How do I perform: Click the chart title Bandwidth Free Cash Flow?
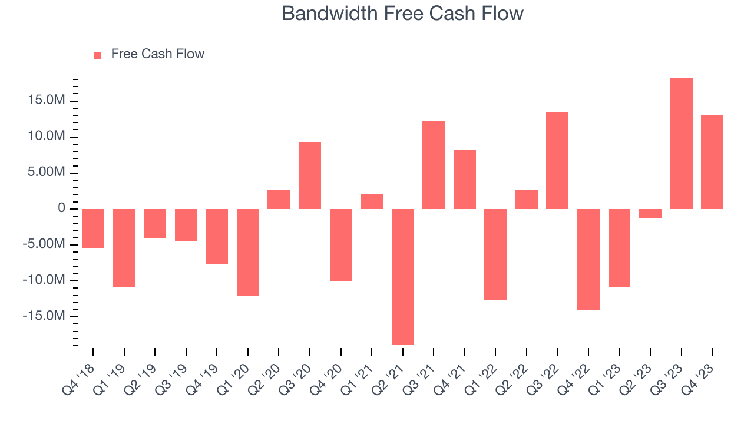pyautogui.click(x=402, y=14)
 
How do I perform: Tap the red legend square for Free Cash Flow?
pyautogui.click(x=98, y=55)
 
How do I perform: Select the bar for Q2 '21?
pyautogui.click(x=403, y=277)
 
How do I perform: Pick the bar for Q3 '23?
pyautogui.click(x=682, y=144)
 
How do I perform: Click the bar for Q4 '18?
pyautogui.click(x=93, y=228)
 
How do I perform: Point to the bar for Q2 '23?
pyautogui.click(x=650, y=213)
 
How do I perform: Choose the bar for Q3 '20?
pyautogui.click(x=310, y=175)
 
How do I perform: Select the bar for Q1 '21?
pyautogui.click(x=372, y=201)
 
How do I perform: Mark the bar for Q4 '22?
pyautogui.click(x=588, y=260)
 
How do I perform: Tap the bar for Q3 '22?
pyautogui.click(x=557, y=160)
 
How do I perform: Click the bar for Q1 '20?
pyautogui.click(x=248, y=252)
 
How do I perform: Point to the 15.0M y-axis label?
pyautogui.click(x=45, y=101)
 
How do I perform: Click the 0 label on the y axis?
pyautogui.click(x=61, y=208)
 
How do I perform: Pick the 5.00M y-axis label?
pyautogui.click(x=45, y=173)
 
